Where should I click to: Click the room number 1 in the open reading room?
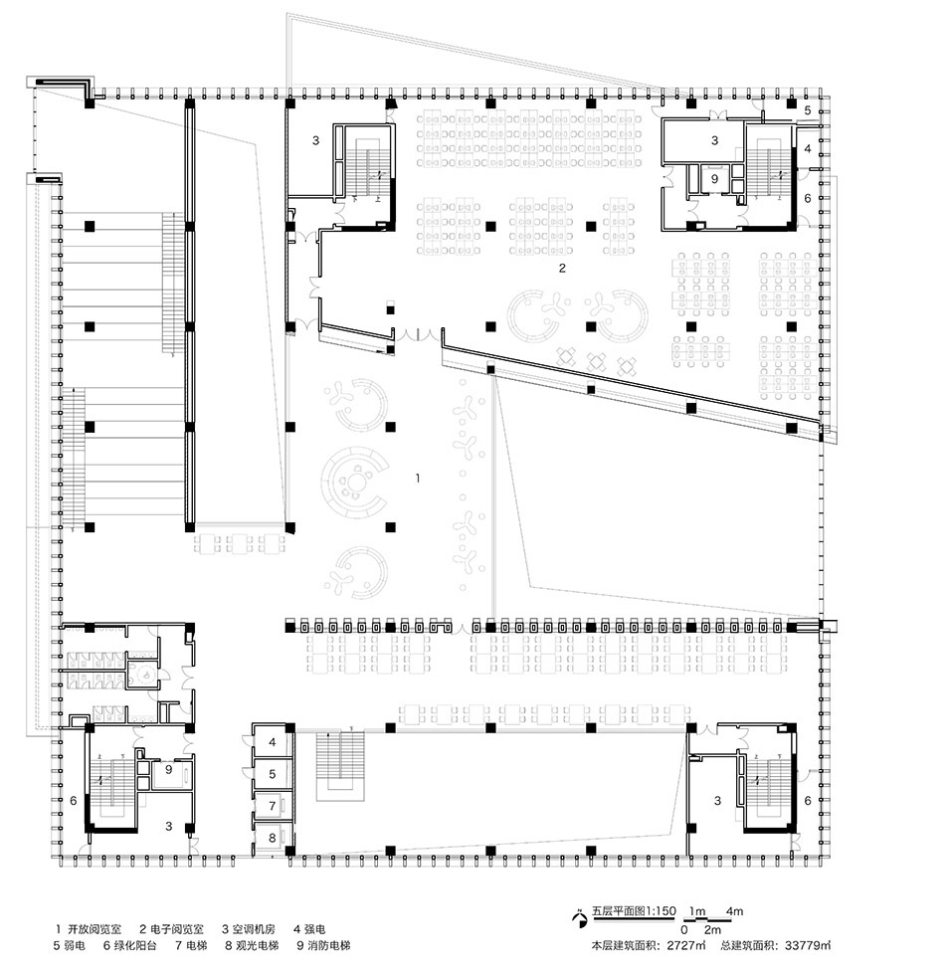point(418,478)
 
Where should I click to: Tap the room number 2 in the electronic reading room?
point(563,269)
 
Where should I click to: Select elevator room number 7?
point(272,806)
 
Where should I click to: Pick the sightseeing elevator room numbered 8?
point(272,838)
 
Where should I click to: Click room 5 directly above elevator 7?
point(272,774)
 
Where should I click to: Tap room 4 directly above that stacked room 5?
point(272,742)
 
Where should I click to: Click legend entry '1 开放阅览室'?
point(89,930)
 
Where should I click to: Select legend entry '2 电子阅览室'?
point(171,930)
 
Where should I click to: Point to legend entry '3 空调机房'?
point(249,930)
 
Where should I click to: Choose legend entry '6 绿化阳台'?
point(129,946)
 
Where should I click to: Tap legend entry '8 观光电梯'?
point(252,946)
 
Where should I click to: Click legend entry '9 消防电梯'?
point(323,946)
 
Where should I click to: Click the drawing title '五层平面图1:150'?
point(634,911)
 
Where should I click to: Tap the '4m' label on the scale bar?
point(734,911)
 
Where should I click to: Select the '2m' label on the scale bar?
point(713,930)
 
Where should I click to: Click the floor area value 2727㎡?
point(687,946)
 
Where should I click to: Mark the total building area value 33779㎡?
point(808,946)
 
